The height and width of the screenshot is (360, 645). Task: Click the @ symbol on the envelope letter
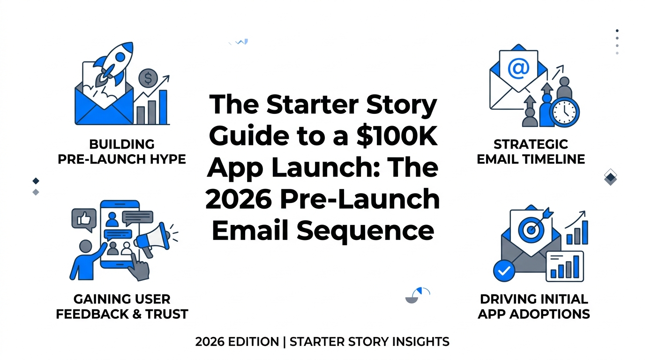click(x=518, y=69)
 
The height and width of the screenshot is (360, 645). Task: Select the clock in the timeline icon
click(x=564, y=112)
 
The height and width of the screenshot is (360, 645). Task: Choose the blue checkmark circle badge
click(x=504, y=270)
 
